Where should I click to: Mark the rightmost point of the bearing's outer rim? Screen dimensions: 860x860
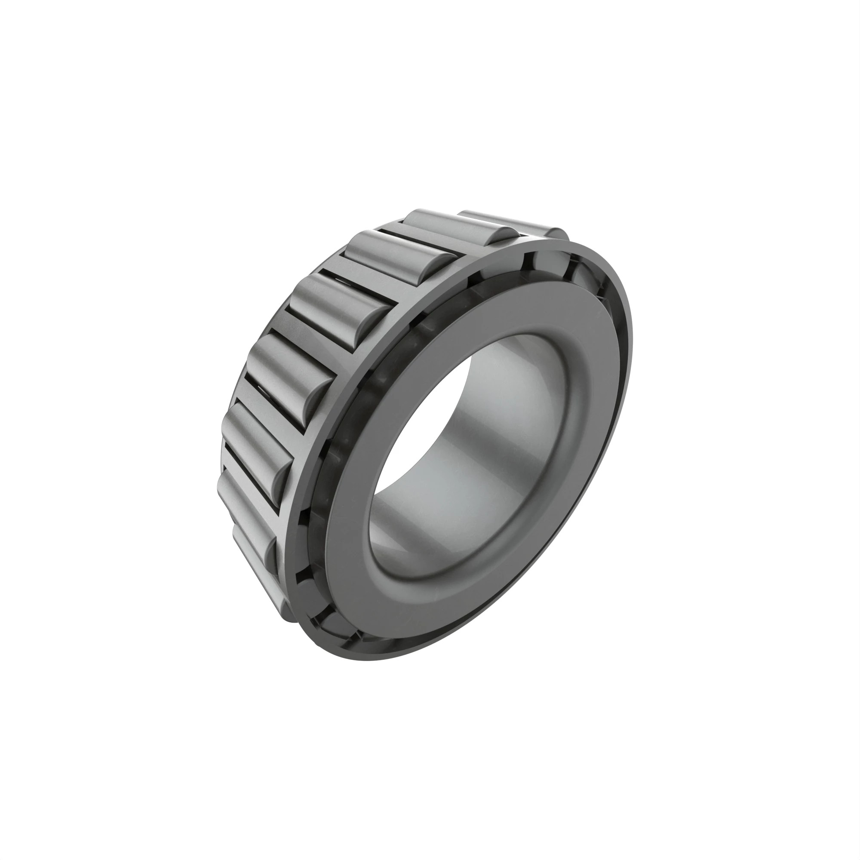[631, 356]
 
